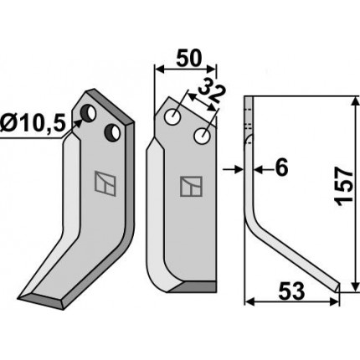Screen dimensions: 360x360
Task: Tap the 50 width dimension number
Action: click(x=188, y=59)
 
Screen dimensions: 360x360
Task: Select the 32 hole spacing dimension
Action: click(x=212, y=94)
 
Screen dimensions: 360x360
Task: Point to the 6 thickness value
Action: click(x=281, y=168)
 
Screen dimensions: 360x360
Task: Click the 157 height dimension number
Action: click(x=345, y=187)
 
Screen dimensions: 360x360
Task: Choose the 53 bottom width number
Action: click(x=291, y=291)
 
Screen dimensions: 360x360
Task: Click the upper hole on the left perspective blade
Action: click(x=88, y=113)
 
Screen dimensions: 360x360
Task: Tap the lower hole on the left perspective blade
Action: click(x=112, y=132)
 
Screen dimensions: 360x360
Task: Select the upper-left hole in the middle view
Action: click(x=172, y=117)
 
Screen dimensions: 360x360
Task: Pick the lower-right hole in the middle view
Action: click(x=203, y=136)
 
